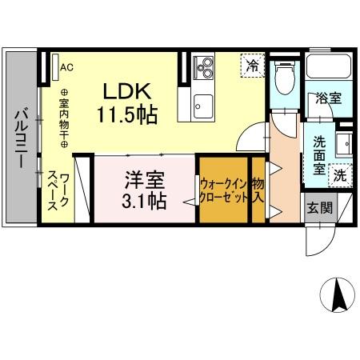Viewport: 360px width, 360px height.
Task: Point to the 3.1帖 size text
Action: (143, 200)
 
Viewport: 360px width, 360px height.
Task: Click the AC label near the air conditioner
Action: (66, 67)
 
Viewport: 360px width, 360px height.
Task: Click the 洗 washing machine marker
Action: (340, 173)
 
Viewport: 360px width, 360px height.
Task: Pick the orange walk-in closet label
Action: (223, 189)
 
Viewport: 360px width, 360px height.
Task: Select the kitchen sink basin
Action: (202, 103)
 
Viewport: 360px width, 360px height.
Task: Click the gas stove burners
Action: (202, 66)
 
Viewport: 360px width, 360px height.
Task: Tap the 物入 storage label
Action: (258, 189)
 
